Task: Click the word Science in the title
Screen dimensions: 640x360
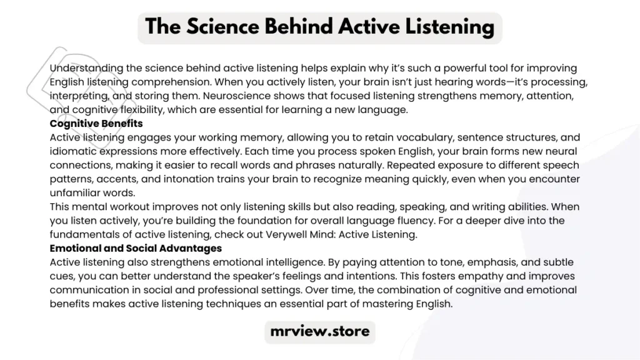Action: tap(223, 26)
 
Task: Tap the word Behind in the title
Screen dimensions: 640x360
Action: tap(299, 26)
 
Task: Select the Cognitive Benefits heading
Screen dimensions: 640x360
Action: tap(96, 123)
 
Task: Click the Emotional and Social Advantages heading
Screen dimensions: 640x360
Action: tap(136, 248)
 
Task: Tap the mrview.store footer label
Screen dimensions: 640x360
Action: tap(320, 331)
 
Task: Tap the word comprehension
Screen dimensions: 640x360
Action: tap(171, 82)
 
